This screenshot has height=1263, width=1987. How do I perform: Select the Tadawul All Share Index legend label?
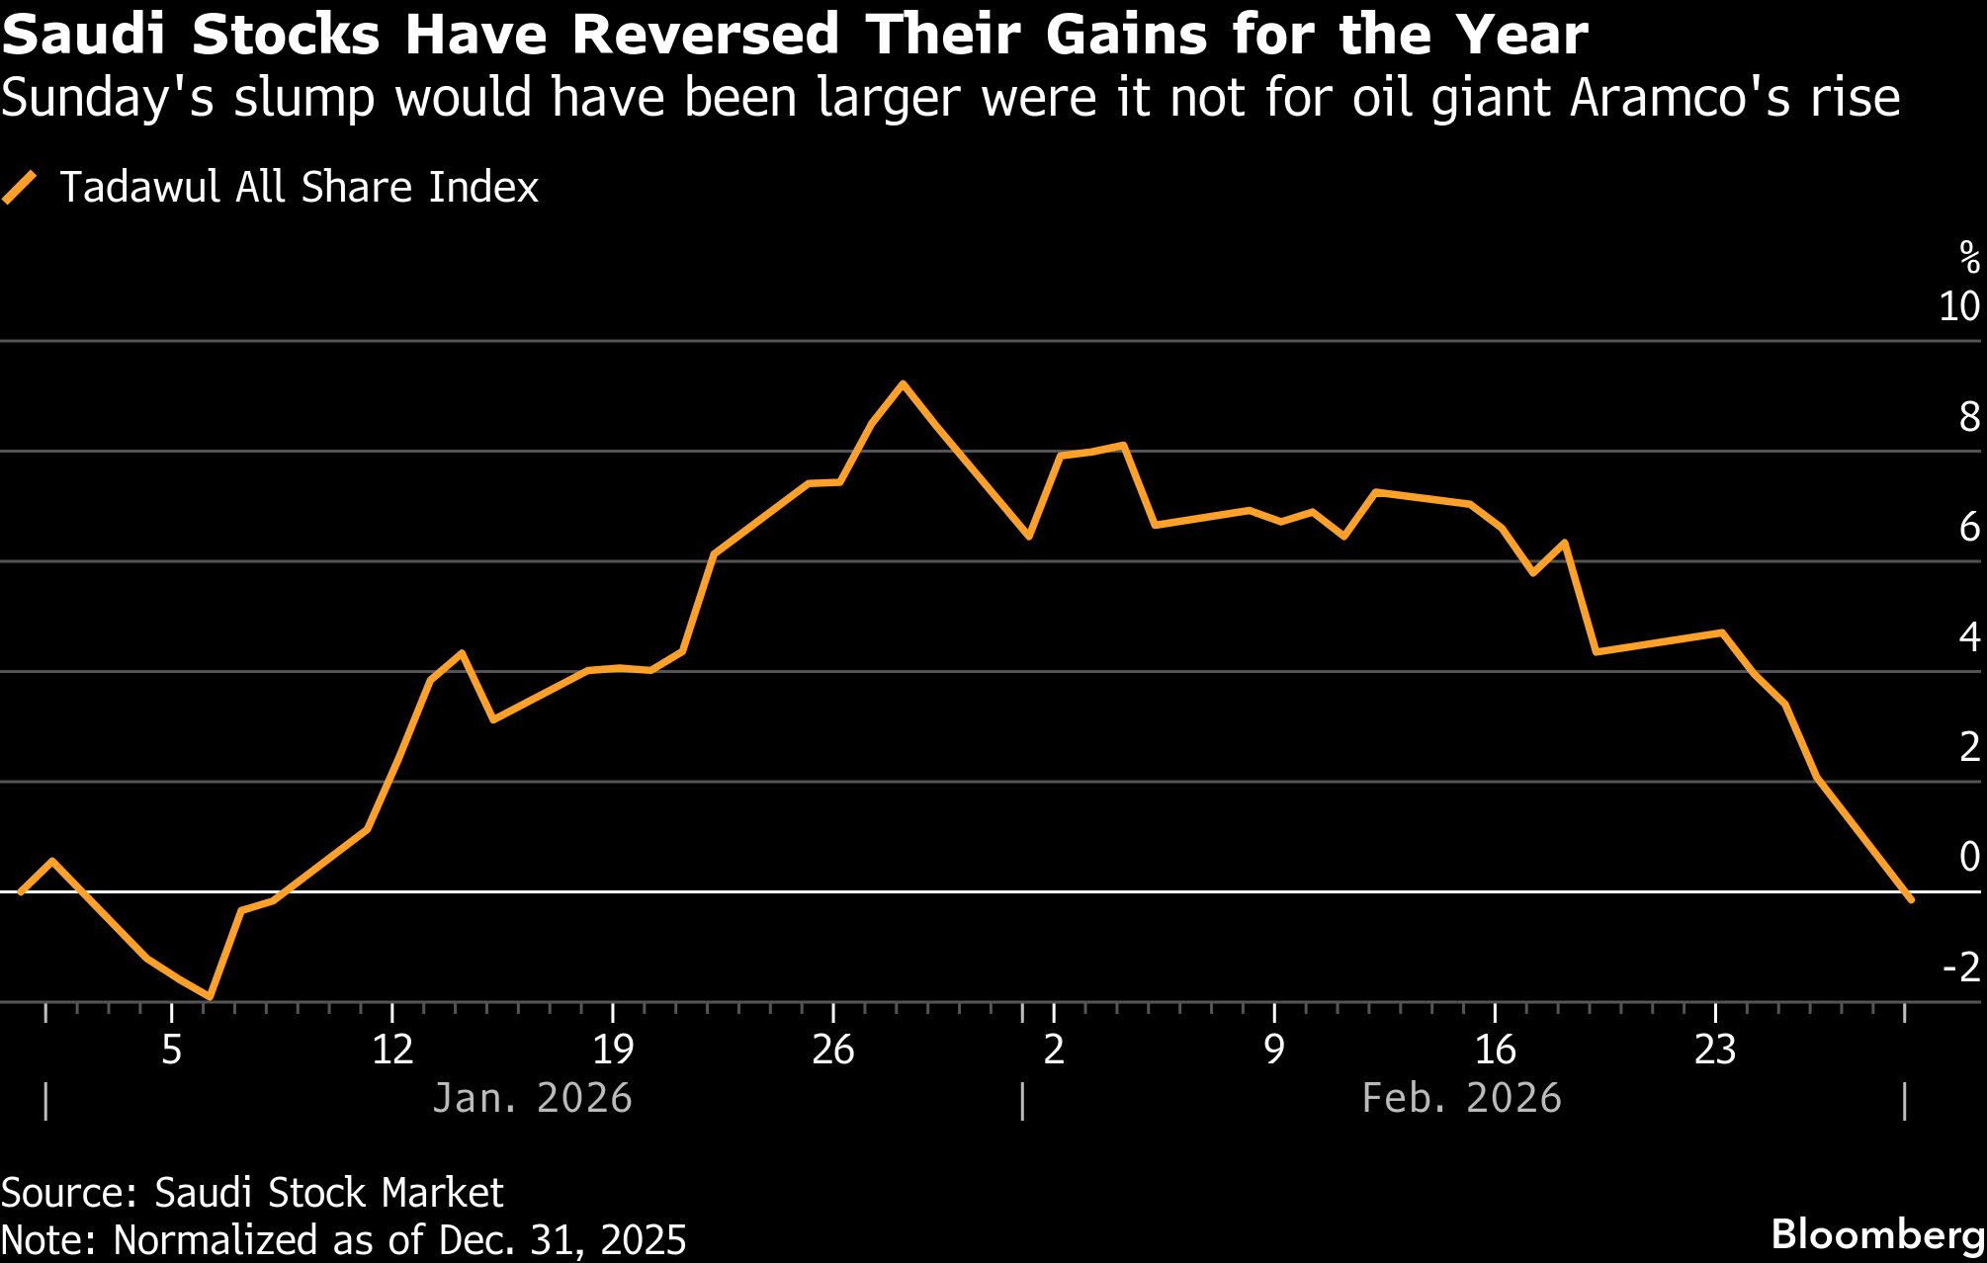[x=299, y=187]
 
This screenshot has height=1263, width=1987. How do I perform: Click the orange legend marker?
[x=20, y=187]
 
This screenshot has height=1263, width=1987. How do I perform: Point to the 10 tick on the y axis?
[x=1958, y=307]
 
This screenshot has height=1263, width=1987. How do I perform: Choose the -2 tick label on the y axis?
[x=1961, y=967]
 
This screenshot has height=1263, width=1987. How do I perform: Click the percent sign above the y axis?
[x=1969, y=259]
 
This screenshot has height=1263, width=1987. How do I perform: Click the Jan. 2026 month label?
[x=532, y=1099]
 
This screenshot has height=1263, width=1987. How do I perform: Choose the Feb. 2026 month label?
[x=1461, y=1099]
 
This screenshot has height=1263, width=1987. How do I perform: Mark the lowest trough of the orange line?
[x=210, y=997]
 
